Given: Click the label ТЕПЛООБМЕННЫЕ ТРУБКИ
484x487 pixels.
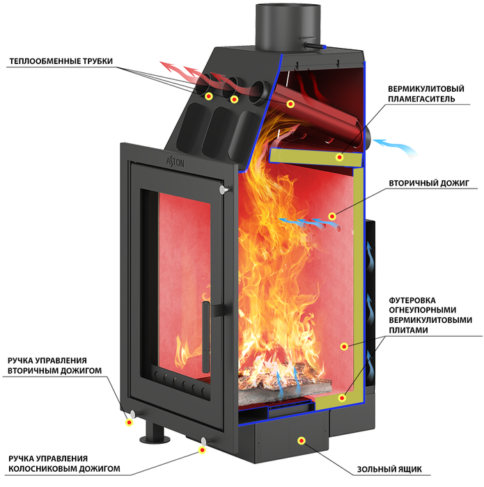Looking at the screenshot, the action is click(x=61, y=61).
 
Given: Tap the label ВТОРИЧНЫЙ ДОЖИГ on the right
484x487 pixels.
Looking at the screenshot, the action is click(x=429, y=183).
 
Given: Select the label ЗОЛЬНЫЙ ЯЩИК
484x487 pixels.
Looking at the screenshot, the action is click(x=389, y=469).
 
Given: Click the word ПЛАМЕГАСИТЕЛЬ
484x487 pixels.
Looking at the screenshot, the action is click(x=421, y=99).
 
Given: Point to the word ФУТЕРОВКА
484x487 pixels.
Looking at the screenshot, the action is click(x=412, y=301).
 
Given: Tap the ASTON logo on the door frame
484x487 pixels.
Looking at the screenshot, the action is click(x=175, y=161).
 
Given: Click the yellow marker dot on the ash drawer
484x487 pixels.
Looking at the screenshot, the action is click(x=301, y=440).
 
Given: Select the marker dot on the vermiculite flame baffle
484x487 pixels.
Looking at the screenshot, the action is click(x=339, y=157).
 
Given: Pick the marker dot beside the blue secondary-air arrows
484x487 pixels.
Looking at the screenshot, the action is click(x=332, y=216).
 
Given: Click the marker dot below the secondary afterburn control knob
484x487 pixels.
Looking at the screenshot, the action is click(x=129, y=422).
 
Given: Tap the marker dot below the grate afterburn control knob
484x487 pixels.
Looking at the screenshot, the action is click(x=203, y=449).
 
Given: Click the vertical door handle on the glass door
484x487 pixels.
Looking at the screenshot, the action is click(x=205, y=337).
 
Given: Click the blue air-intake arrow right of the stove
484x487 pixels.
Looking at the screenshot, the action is click(x=396, y=147).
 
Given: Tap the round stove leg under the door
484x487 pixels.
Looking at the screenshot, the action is click(x=155, y=433).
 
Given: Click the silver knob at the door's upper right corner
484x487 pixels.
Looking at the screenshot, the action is click(x=223, y=189).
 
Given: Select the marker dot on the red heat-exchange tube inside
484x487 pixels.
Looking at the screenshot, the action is click(x=290, y=104).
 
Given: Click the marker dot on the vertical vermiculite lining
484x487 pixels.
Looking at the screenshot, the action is click(x=344, y=346).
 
